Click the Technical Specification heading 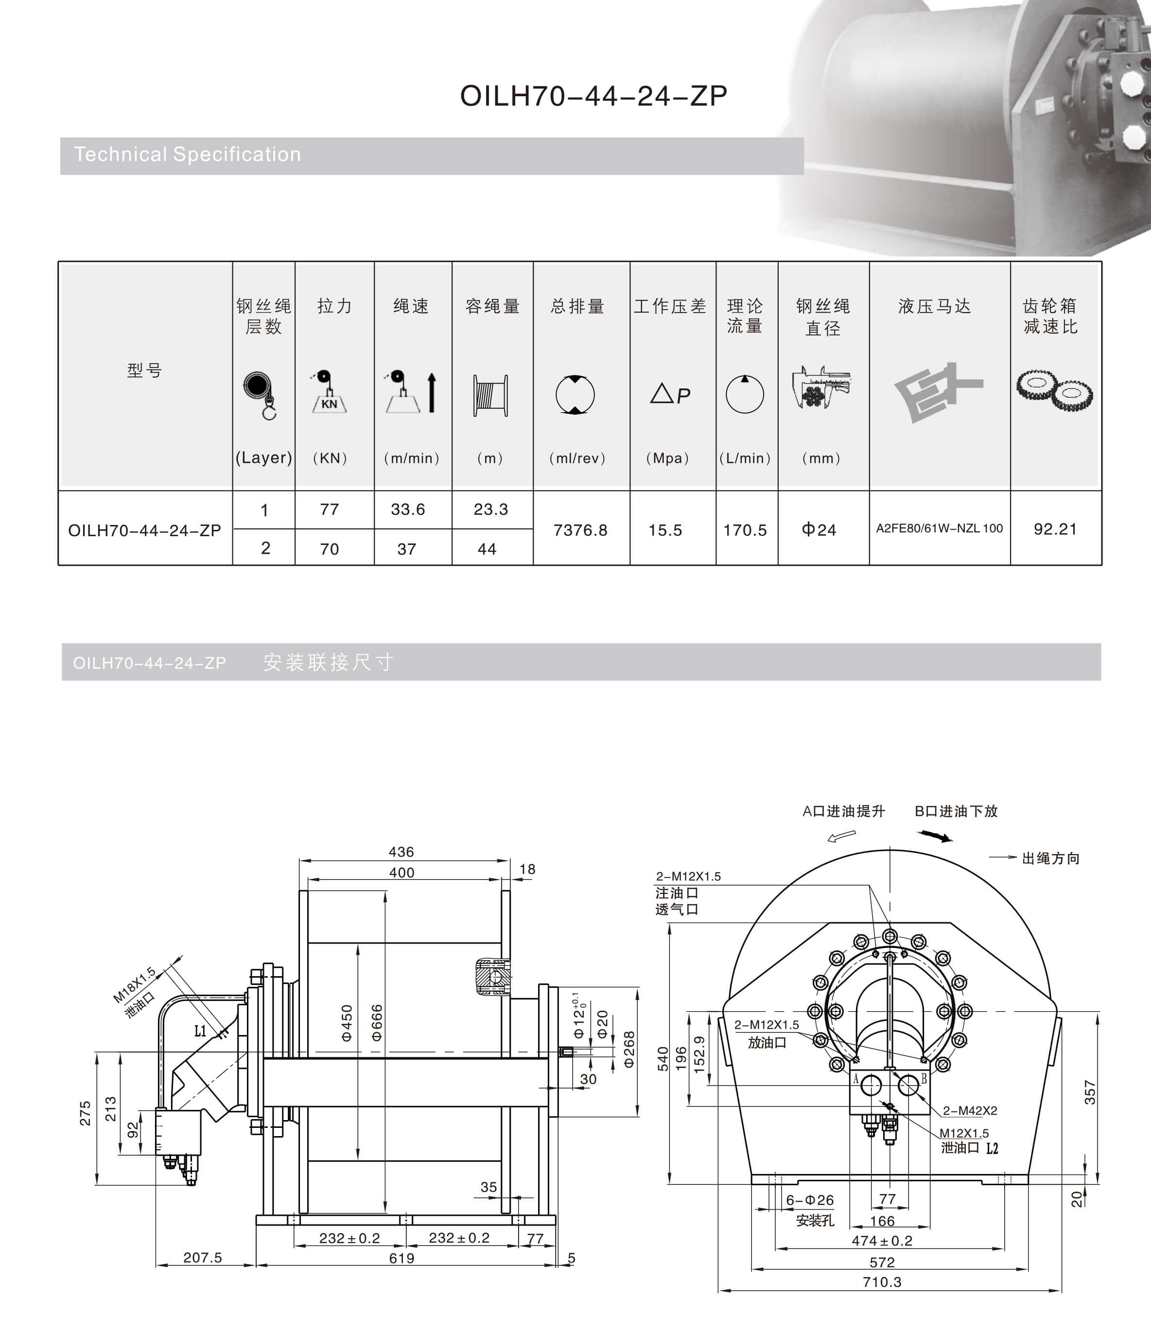187,155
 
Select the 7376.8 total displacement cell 580,530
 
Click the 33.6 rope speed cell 408,509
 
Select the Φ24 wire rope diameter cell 819,530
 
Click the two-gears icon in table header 1054,390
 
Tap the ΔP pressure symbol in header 669,394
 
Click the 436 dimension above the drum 401,852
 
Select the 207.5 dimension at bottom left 202,1257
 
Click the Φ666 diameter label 377,1022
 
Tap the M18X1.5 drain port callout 134,985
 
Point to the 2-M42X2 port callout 970,1110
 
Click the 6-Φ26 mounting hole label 809,1200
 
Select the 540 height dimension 663,1058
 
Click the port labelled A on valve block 870,1087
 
